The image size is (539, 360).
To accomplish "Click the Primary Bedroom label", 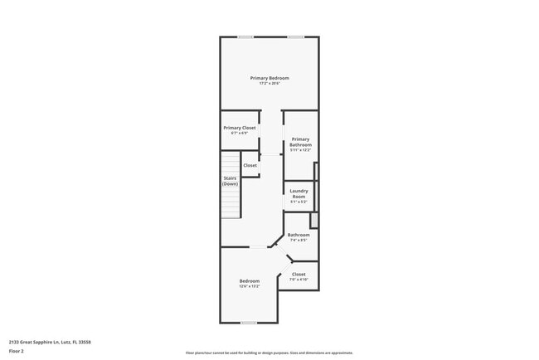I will pos(269,78).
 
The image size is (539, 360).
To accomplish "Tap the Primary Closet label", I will pos(240,128).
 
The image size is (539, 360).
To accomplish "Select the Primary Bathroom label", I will pos(300,142).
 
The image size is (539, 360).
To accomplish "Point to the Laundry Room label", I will pos(299,193).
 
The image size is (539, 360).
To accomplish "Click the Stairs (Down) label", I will pos(231,181).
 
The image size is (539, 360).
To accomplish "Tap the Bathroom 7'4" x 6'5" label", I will pos(299,235).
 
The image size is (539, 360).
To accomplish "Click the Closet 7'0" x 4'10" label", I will pos(299,274).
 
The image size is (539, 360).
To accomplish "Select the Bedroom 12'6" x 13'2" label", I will pos(250,280).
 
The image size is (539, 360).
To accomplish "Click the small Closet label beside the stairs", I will pos(250,165).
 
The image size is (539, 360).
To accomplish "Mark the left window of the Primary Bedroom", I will pos(245,36).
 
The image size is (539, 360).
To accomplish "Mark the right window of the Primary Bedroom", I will pos(295,36).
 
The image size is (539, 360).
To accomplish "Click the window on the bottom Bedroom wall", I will pos(248,323).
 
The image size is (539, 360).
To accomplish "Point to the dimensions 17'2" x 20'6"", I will pos(269,83).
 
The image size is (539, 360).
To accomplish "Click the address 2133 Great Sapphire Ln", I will pos(50,341).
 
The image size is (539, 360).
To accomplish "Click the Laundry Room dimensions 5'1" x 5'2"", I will pos(299,202).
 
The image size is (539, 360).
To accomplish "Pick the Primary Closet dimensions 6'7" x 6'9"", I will pos(240,133).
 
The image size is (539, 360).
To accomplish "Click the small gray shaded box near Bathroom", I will pos(313,221).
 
